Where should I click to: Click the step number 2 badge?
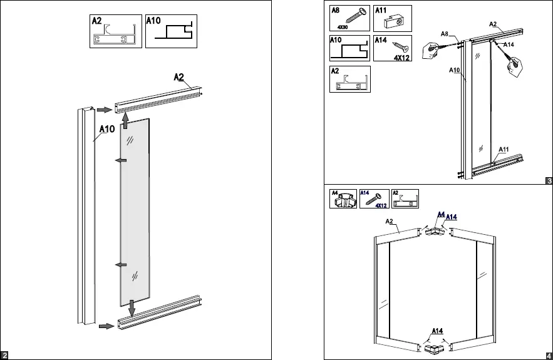point(5,356)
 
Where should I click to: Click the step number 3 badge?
point(548,182)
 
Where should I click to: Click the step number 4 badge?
point(548,356)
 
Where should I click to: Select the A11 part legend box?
point(392,18)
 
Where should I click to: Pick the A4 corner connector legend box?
point(343,198)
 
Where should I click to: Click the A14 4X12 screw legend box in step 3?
point(392,48)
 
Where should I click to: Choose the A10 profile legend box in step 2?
point(170,31)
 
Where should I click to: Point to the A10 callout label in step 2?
point(106,130)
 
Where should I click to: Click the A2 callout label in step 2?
point(179,77)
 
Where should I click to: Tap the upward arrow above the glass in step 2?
point(125,120)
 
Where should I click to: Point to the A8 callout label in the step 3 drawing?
point(444,33)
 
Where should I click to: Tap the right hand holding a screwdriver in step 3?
point(515,66)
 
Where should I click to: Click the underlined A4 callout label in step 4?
point(441,215)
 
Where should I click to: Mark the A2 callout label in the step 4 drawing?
point(389,222)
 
